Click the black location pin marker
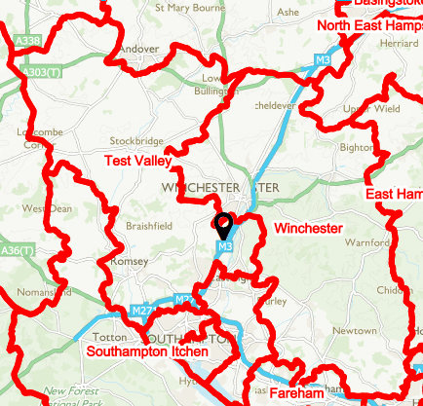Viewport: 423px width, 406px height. click(223, 225)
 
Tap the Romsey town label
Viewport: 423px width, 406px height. click(130, 262)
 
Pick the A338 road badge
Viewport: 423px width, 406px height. click(28, 41)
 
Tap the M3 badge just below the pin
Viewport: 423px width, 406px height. click(225, 248)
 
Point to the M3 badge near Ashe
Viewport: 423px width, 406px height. click(323, 60)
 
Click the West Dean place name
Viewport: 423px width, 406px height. click(46, 208)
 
